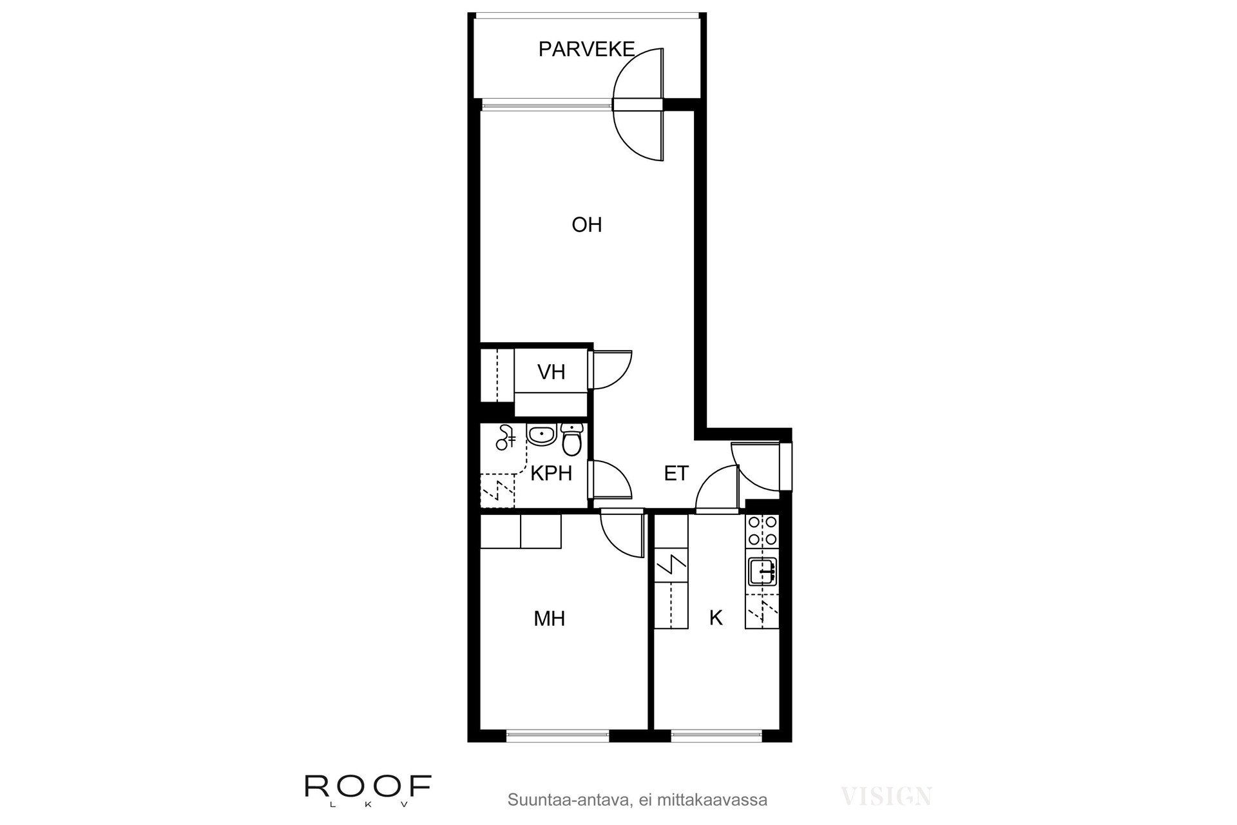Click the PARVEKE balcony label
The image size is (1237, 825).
click(586, 50)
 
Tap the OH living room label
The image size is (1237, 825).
click(586, 225)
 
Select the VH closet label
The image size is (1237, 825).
click(551, 372)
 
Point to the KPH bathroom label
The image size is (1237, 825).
click(551, 474)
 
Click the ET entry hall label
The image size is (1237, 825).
click(676, 474)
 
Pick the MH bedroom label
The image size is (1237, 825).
click(549, 619)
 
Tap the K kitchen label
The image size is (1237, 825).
click(715, 618)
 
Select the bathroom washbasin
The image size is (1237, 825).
click(541, 435)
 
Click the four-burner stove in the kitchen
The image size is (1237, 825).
click(762, 531)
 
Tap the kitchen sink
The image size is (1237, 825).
click(762, 571)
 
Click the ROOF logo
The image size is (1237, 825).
click(368, 786)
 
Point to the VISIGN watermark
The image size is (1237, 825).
click(887, 797)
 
